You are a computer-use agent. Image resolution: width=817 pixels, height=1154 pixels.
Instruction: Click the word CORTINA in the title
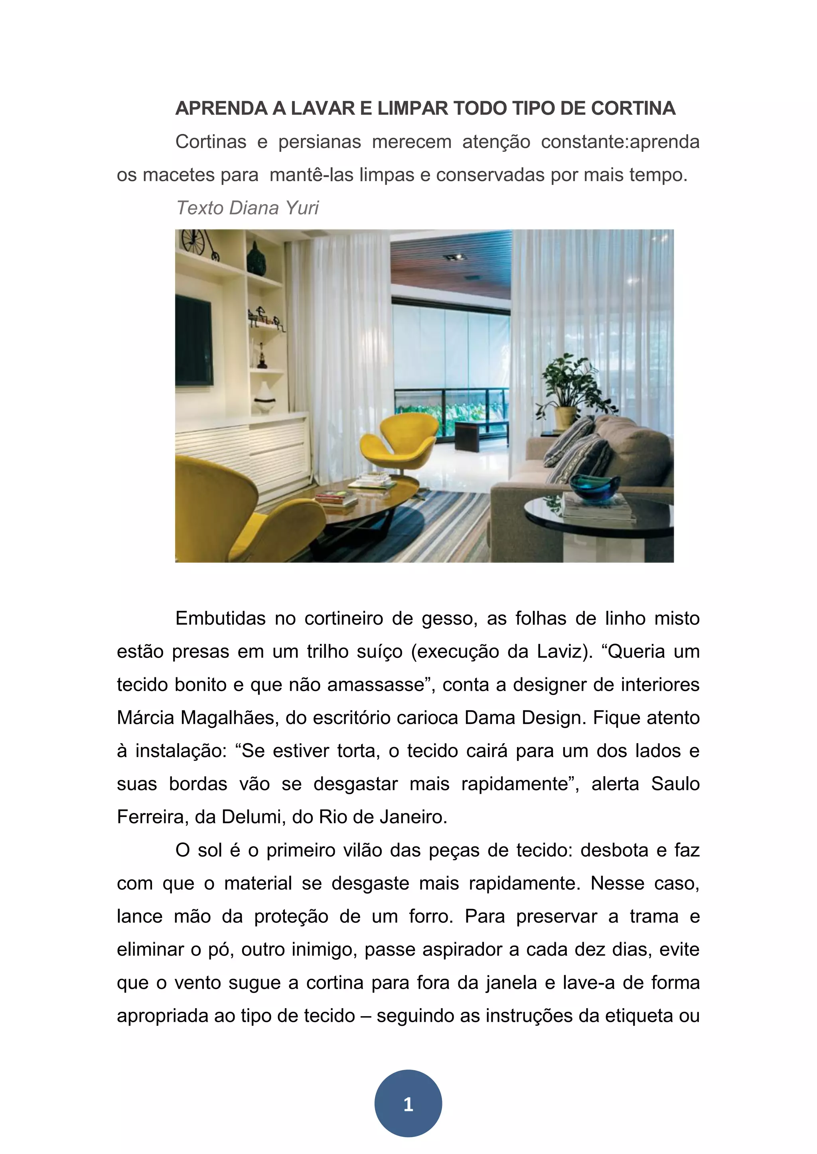coord(633,108)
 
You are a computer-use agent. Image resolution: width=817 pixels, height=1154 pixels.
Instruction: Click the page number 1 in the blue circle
coord(408,1104)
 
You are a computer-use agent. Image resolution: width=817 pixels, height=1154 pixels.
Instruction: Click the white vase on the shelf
coord(264,397)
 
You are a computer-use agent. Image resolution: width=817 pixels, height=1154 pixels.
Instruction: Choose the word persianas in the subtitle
coord(320,142)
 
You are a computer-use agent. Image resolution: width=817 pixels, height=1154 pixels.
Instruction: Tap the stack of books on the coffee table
coord(336,498)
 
